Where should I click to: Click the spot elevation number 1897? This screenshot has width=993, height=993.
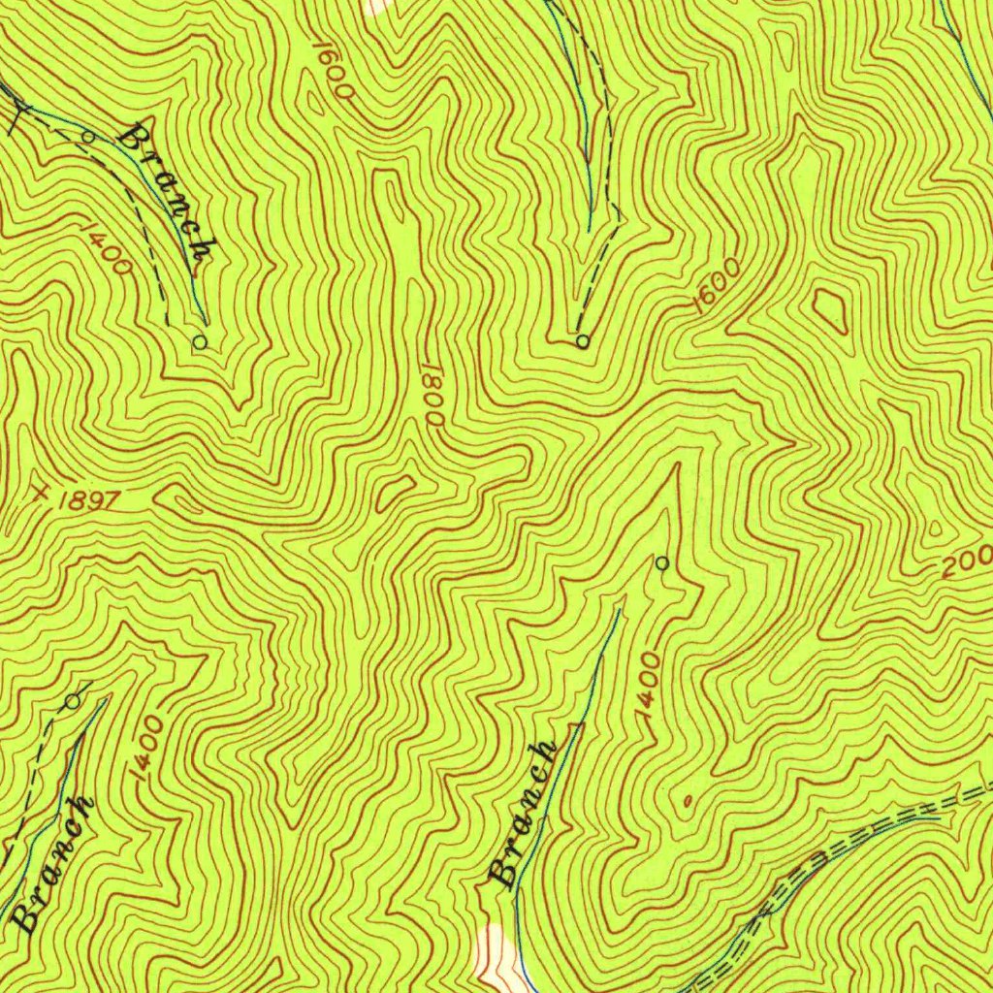pos(87,500)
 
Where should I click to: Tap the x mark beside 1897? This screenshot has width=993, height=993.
pos(40,491)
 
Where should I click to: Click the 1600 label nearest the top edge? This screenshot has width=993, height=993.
pos(333,69)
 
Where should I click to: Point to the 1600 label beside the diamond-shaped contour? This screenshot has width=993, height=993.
pos(718,285)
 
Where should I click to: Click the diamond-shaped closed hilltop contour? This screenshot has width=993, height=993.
pos(829,307)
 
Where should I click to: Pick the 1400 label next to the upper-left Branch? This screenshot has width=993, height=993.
pos(108,247)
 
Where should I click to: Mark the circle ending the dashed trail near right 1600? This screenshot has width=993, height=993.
pos(582,341)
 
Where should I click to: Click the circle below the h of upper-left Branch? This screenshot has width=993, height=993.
pos(200,341)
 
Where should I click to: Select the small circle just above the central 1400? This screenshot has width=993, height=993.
pos(662,562)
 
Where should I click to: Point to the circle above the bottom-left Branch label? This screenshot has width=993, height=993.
pos(73,700)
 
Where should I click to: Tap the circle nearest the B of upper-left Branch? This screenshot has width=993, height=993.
pos(87,137)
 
